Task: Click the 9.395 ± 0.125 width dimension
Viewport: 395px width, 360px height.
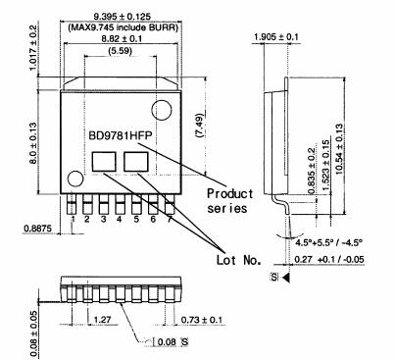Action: click(122, 16)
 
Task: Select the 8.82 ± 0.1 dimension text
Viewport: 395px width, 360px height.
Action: click(122, 38)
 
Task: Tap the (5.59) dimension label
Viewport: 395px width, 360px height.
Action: click(120, 51)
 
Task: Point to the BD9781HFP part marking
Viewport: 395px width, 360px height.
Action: click(121, 135)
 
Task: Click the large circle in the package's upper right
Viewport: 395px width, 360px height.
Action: click(162, 110)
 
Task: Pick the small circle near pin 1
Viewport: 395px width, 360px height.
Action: click(75, 179)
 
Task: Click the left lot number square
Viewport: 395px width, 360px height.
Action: click(104, 162)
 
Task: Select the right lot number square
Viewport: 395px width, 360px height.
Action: click(136, 162)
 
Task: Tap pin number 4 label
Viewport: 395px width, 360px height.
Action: click(120, 219)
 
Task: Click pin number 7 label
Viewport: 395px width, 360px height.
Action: click(170, 219)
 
